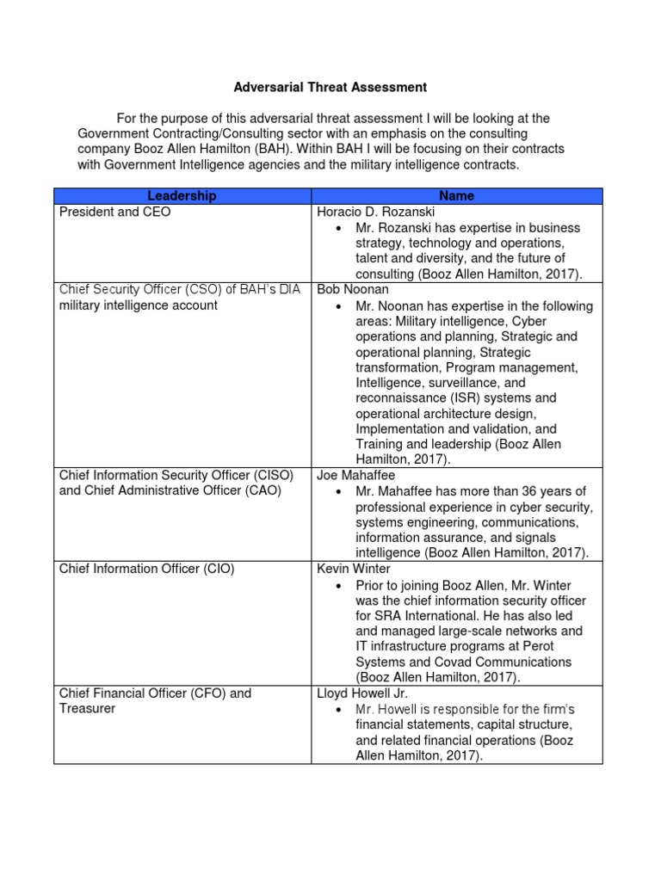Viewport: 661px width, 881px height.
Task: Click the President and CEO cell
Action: pyautogui.click(x=114, y=212)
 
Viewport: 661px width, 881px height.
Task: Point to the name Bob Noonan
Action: pyautogui.click(x=352, y=290)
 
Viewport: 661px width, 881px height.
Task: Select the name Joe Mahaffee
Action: pyautogui.click(x=356, y=475)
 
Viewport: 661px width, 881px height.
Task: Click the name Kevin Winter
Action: pyautogui.click(x=354, y=569)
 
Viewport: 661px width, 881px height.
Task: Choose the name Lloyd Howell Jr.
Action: pyautogui.click(x=361, y=693)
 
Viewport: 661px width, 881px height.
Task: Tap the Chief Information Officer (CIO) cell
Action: pyautogui.click(x=145, y=569)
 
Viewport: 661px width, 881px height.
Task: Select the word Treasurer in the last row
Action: pyautogui.click(x=86, y=709)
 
